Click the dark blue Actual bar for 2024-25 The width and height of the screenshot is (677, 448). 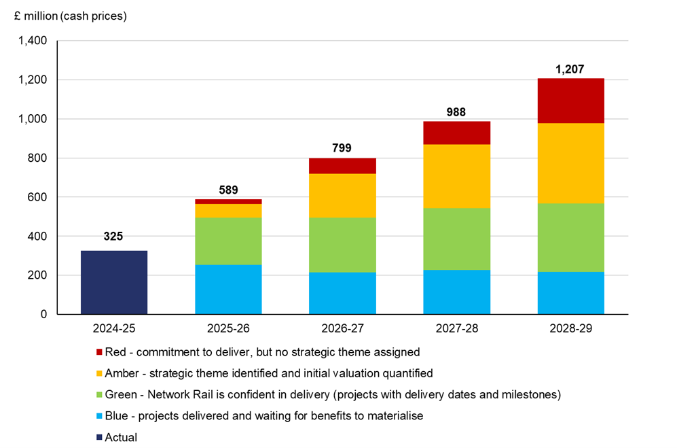pos(114,282)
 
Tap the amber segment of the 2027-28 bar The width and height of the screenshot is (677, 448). pos(456,176)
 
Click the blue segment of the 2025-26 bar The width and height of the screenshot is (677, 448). pos(228,290)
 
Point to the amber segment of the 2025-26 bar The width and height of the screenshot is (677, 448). pos(228,210)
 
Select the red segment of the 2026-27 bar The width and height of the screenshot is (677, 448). pos(342,166)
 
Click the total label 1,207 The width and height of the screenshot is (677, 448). pos(570,69)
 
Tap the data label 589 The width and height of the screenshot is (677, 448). pos(228,190)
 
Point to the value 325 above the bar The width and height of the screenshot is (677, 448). pos(114,237)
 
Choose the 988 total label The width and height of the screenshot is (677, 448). pos(456,111)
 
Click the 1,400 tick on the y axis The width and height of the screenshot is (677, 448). pos(33,41)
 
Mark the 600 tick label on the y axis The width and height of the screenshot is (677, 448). pos(37,197)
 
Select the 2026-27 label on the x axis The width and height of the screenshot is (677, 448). pos(342,328)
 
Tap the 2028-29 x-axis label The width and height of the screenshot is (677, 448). pos(570,328)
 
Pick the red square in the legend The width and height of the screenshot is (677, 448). pos(99,352)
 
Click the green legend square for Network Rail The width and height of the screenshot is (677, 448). pos(99,395)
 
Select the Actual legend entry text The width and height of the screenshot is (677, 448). pos(122,437)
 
